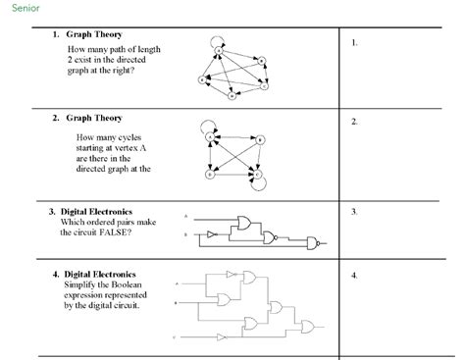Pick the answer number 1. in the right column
tap(354, 43)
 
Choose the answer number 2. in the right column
tap(354, 122)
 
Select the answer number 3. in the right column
tap(354, 212)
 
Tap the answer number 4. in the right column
tap(354, 276)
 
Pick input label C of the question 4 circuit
tap(176, 337)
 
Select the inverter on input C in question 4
tap(229, 337)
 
